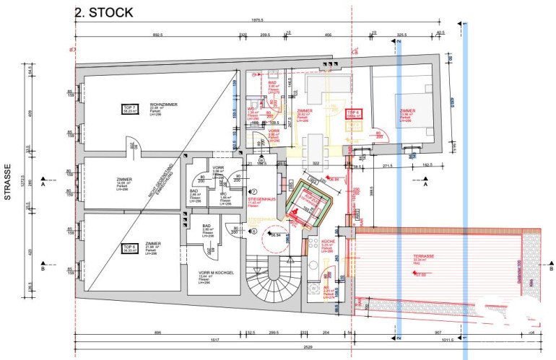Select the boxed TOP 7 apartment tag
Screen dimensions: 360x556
(131, 110)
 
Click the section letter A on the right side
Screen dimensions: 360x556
(425, 185)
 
